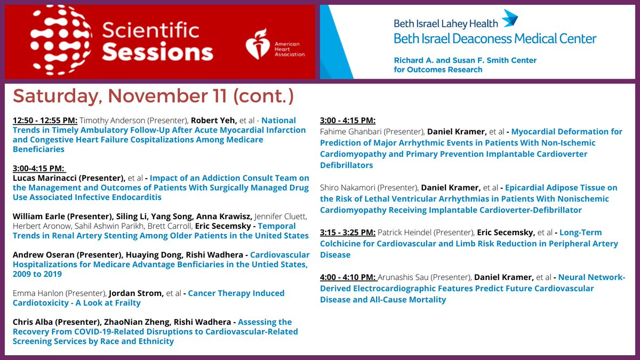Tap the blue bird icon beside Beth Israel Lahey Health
click(x=509, y=18)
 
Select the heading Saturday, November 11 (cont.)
click(x=153, y=97)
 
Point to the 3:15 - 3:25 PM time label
click(x=348, y=233)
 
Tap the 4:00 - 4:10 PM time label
click(x=348, y=277)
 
